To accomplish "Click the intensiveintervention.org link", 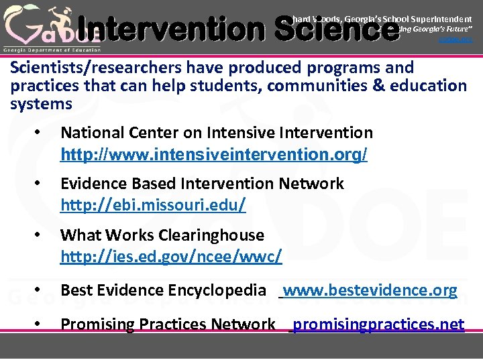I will pyautogui.click(x=213, y=155).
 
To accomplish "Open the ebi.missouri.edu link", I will pyautogui.click(x=153, y=205).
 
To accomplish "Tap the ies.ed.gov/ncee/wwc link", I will pyautogui.click(x=171, y=257).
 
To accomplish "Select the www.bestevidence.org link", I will pyautogui.click(x=370, y=290).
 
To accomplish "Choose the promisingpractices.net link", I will pyautogui.click(x=378, y=324).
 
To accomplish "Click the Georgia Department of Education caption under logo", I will pyautogui.click(x=52, y=50).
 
